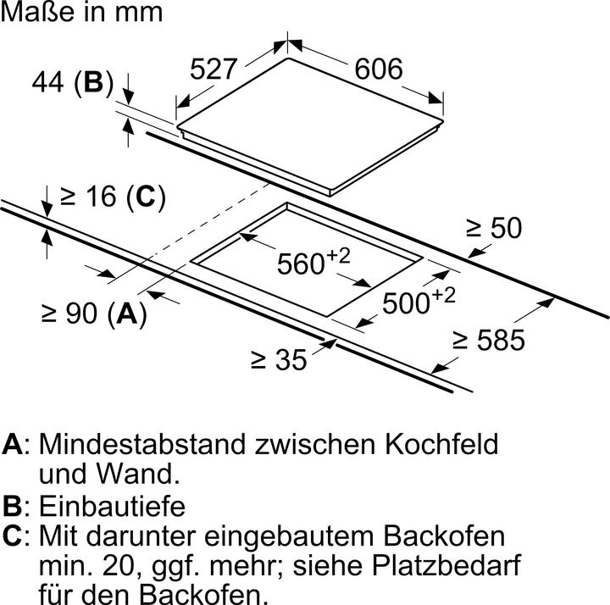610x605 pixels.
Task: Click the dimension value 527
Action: (x=211, y=69)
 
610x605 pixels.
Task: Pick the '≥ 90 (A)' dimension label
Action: (x=94, y=314)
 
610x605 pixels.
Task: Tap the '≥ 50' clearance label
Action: (x=494, y=228)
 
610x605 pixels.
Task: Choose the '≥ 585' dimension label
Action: (x=488, y=341)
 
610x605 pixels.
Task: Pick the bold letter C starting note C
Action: (x=13, y=536)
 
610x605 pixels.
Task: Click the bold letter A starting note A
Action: (x=13, y=445)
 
